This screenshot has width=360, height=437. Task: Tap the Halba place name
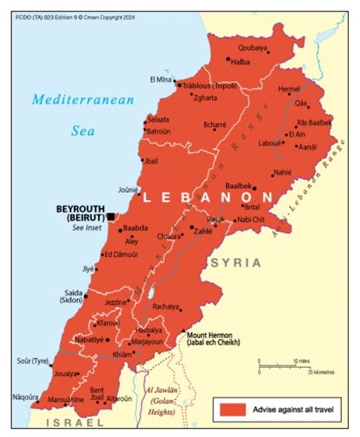click(x=241, y=62)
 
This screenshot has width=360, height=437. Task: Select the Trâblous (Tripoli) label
click(x=210, y=86)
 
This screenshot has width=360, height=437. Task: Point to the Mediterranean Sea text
click(x=83, y=114)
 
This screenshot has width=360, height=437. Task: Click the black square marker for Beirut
click(x=111, y=217)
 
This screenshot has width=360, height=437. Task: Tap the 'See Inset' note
click(x=87, y=228)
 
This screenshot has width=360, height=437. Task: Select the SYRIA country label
click(x=235, y=262)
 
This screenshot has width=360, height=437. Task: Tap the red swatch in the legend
click(x=232, y=409)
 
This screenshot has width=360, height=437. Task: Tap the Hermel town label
click(x=289, y=89)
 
